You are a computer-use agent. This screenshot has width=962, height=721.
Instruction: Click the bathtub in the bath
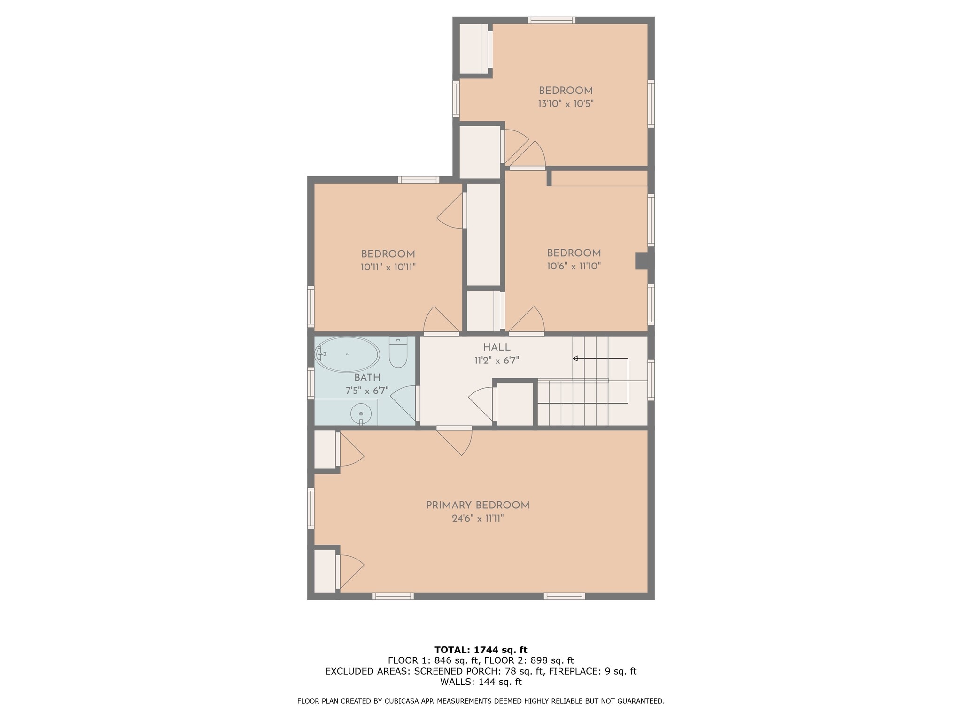347,354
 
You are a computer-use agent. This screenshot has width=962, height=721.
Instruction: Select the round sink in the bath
361,414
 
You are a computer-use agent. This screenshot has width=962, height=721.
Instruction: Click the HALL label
497,347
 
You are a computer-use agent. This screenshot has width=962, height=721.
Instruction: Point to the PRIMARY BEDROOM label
477,505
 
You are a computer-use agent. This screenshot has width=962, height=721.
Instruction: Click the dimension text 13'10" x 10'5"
566,104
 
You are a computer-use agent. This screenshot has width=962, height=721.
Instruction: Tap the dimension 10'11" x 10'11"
388,268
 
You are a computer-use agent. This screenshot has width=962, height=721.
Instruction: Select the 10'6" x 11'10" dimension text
574,266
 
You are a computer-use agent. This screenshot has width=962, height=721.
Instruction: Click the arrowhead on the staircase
575,359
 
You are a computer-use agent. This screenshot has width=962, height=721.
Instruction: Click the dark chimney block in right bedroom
642,261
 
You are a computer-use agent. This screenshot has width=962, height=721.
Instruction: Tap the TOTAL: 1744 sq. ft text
481,650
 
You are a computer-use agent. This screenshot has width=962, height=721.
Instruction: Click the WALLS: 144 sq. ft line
481,682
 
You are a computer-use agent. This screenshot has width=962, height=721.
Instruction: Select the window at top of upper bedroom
551,20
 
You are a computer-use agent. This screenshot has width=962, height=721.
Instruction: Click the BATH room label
367,377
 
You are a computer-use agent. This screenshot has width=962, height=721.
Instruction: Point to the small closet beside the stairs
515,404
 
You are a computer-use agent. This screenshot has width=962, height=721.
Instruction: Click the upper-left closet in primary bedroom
324,449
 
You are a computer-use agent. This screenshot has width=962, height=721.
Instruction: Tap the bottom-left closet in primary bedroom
324,571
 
